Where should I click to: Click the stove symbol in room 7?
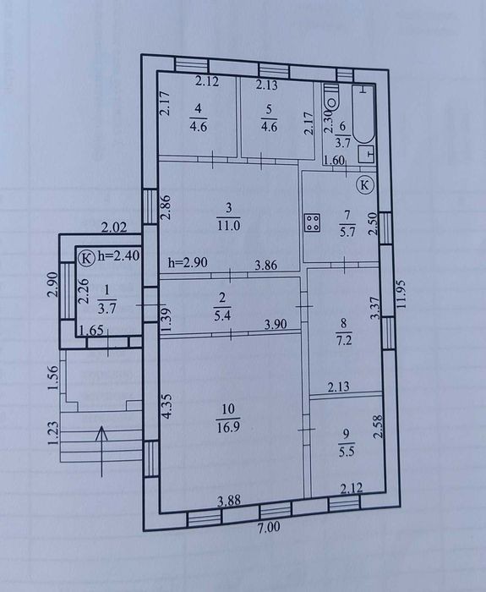coord(313,222)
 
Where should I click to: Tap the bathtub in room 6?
coord(363,114)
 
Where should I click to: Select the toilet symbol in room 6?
coord(332,99)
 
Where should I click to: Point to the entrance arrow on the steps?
coord(102,451)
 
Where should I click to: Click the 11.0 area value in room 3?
coord(229,226)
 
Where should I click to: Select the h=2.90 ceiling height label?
coord(188,262)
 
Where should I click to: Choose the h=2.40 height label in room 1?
coord(118,255)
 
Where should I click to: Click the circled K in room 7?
coord(364,185)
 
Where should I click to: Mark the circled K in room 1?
coord(86,259)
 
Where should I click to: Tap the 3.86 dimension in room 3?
coord(265,265)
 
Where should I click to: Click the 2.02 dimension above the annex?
coord(114,227)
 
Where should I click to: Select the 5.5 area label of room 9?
coord(347,452)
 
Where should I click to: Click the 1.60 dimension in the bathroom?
coord(335,161)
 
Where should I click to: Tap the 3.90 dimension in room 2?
coord(275,324)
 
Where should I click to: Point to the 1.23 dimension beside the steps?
coord(53,433)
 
